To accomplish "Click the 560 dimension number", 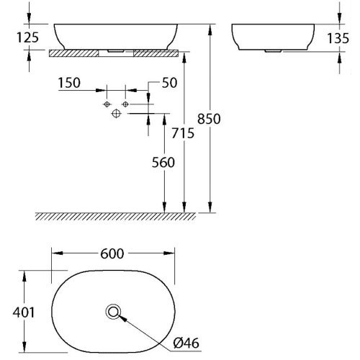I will coord(164,163).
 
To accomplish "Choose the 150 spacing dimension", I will coord(68,84).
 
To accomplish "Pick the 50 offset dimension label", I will coord(170,84).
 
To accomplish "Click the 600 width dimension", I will coord(113,253).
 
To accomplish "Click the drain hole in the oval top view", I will coord(113,312).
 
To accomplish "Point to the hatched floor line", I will coord(115,215).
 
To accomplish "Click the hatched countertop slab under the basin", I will coord(79,53).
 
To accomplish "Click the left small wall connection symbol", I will coord(107,105).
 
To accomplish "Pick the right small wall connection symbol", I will coord(125,105).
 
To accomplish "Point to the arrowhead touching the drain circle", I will coord(122,318).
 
